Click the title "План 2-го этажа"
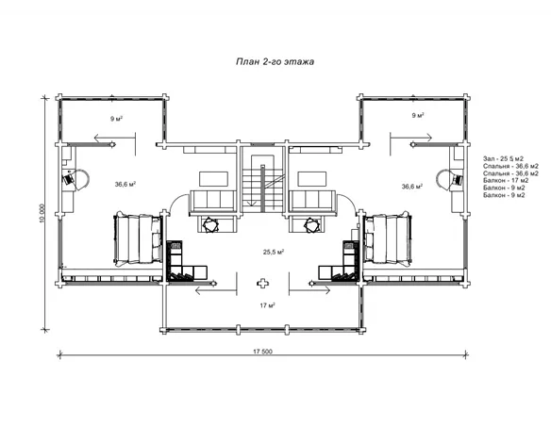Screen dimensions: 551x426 coord(275,62)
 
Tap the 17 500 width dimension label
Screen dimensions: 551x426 coord(262,352)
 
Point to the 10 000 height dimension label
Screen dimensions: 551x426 coord(42,213)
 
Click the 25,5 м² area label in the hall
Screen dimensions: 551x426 coord(274,252)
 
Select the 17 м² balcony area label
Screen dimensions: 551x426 coord(267,305)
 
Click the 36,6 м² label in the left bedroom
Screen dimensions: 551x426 coord(125,184)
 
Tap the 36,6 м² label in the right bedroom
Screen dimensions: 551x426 coord(412,187)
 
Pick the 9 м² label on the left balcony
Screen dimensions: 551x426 coord(116,119)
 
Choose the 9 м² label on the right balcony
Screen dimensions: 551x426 coord(418,115)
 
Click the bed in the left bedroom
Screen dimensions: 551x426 coord(137,238)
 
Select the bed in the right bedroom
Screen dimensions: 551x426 coord(387,238)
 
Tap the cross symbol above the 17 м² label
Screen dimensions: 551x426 coord(262,283)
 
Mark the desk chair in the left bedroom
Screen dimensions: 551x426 coord(69,179)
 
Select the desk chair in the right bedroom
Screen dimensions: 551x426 coord(457,180)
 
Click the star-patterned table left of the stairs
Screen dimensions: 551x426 coord(211,224)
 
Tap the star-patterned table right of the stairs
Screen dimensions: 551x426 coord(312,224)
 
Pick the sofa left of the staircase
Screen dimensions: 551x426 coord(213,202)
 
